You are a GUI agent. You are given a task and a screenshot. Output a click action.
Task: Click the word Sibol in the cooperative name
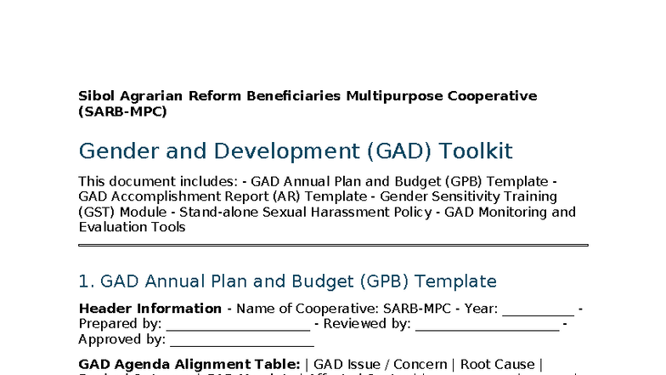pyautogui.click(x=96, y=96)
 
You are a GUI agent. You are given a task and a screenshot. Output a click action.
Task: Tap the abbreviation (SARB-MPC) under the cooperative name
pyautogui.click(x=122, y=111)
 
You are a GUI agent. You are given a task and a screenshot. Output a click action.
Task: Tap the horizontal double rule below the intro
pyautogui.click(x=333, y=245)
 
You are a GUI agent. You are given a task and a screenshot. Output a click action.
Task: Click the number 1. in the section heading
pyautogui.click(x=87, y=281)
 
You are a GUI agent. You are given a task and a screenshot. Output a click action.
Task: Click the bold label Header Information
pyautogui.click(x=150, y=309)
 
